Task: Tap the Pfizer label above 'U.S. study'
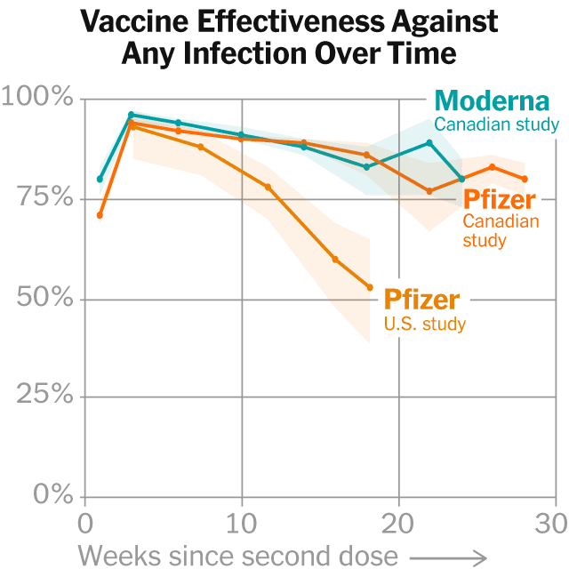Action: [422, 299]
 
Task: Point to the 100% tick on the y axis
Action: [37, 97]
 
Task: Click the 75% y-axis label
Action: [44, 196]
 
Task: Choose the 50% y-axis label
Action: [44, 296]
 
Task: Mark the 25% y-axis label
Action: [44, 396]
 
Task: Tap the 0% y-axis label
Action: [52, 495]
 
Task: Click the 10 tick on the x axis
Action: [241, 522]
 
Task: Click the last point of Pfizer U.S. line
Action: [370, 287]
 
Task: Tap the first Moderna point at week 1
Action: [100, 179]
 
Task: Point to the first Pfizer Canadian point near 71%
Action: [100, 215]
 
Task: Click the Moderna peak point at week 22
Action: [429, 142]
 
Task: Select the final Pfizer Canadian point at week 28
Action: [525, 179]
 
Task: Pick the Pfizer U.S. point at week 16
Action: [335, 260]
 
